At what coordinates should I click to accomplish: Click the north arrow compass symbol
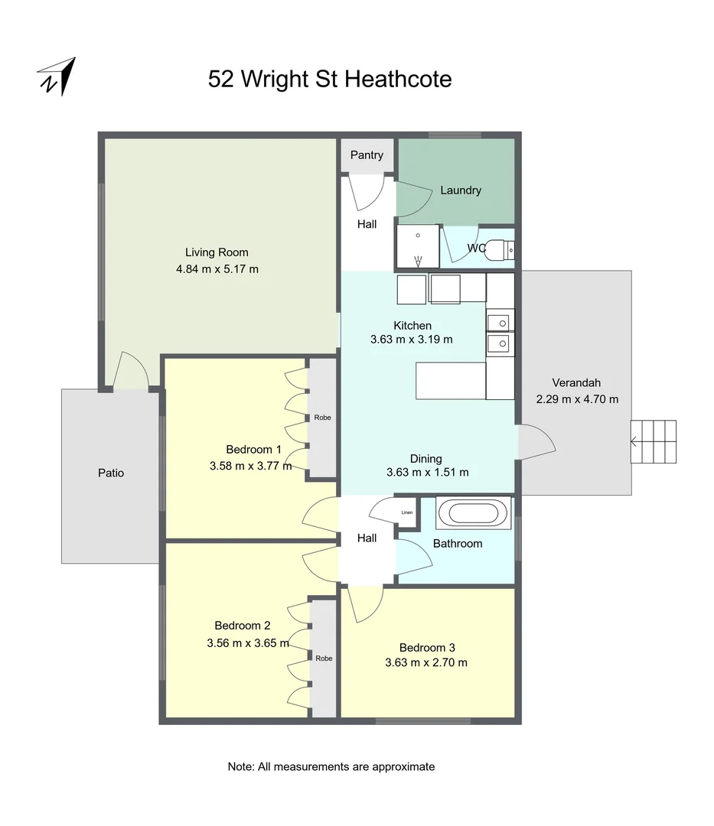pos(57,76)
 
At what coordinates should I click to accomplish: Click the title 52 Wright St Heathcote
pos(330,79)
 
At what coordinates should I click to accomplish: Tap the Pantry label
pos(367,155)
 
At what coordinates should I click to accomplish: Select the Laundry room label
pos(461,190)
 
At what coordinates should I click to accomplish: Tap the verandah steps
pos(654,441)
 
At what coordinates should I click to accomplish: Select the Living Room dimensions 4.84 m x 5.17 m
pos(217,269)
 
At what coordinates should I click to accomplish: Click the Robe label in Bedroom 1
pos(322,418)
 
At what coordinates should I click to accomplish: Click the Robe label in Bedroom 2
pos(324,658)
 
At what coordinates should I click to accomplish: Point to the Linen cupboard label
pos(406,512)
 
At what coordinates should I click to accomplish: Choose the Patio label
pos(111,473)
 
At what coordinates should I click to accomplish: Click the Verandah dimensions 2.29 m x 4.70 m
pos(577,399)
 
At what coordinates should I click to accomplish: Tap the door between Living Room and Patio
pos(130,372)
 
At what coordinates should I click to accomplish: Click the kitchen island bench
pos(451,380)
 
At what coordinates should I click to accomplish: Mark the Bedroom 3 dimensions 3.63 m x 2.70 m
pos(426,663)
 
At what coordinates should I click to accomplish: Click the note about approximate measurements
pos(331,766)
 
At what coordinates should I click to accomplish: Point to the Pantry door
pos(366,193)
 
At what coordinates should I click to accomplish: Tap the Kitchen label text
pos(412,326)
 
